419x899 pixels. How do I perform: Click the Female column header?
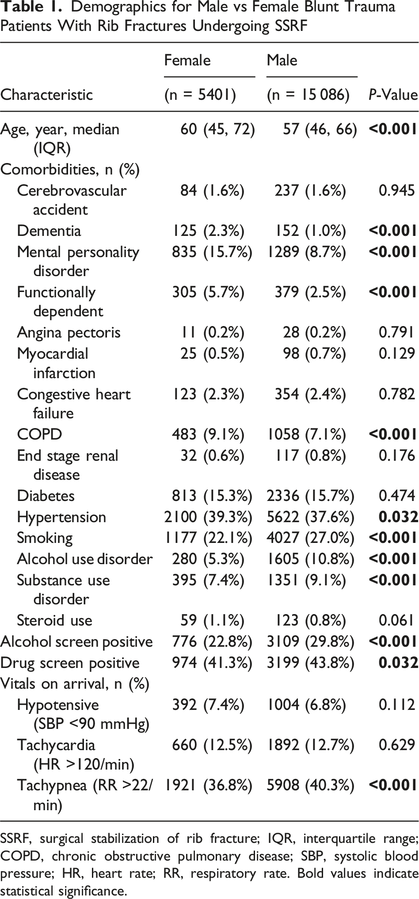[187, 60]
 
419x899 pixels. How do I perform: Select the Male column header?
[282, 60]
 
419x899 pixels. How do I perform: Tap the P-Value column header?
[393, 95]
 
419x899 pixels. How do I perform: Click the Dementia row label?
[49, 231]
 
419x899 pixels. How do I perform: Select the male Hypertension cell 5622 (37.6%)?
[310, 517]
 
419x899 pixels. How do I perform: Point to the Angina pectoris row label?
[69, 332]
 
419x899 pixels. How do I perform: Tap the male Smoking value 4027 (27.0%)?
[310, 538]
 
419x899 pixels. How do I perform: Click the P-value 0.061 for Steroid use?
[396, 620]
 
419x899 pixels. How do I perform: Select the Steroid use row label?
[55, 620]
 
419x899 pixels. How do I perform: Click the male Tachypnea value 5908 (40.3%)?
[310, 785]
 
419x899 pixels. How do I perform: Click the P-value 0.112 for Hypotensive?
[396, 705]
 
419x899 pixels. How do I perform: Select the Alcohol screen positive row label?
[76, 641]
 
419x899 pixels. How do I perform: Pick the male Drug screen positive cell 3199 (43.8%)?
[310, 663]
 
